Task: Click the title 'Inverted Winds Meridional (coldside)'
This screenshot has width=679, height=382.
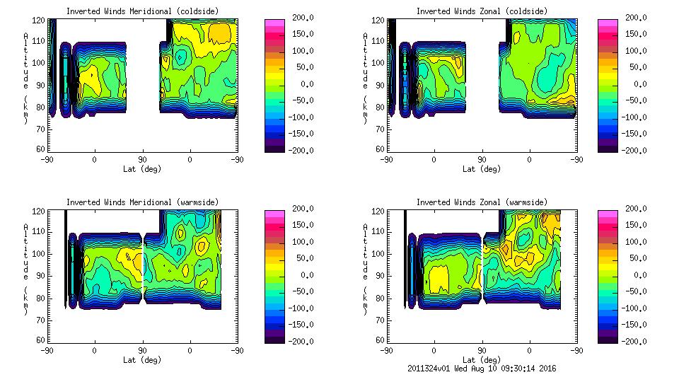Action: click(142, 11)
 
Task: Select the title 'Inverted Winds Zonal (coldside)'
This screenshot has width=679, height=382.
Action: click(482, 11)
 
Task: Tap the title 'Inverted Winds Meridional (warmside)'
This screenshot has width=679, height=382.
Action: click(142, 202)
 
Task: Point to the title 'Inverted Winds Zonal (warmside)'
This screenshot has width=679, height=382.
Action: click(482, 202)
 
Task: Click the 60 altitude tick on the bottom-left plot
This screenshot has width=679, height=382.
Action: click(41, 340)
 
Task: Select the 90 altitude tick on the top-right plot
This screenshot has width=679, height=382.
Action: click(381, 85)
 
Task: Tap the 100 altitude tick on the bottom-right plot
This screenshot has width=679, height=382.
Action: click(378, 253)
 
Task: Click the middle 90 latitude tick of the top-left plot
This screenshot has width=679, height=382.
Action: click(142, 160)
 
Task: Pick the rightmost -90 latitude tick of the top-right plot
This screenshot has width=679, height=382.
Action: click(576, 160)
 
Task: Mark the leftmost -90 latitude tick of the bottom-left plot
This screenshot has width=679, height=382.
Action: click(47, 351)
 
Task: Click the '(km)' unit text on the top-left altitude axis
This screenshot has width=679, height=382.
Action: click(26, 110)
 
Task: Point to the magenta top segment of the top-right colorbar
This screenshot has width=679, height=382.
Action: click(607, 23)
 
